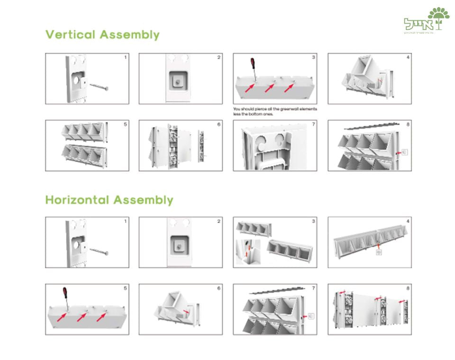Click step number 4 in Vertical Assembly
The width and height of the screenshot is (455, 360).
coord(408,57)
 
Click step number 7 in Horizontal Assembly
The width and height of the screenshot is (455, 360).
coord(314,288)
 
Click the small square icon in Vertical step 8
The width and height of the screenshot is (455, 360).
coord(404,153)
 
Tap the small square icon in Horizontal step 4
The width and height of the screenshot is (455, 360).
coord(379,252)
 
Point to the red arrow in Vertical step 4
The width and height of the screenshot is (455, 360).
coord(378,82)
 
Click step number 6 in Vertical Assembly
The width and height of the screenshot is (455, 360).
coord(219,124)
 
